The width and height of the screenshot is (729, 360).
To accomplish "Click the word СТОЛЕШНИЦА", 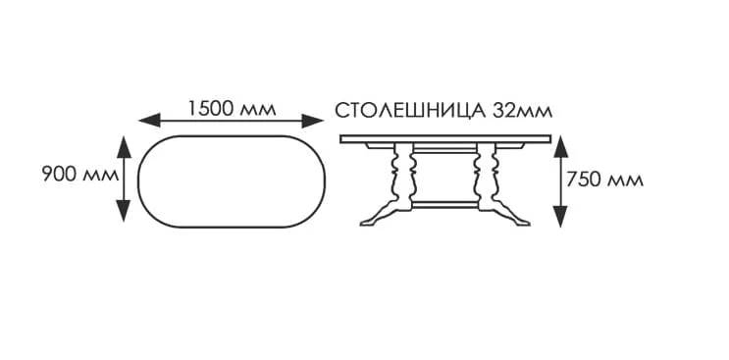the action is pos(410,109).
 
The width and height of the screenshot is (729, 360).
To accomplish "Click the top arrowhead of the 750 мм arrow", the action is pos(560,144).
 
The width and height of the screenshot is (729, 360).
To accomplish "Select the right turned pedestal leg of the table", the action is pos(484,177).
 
